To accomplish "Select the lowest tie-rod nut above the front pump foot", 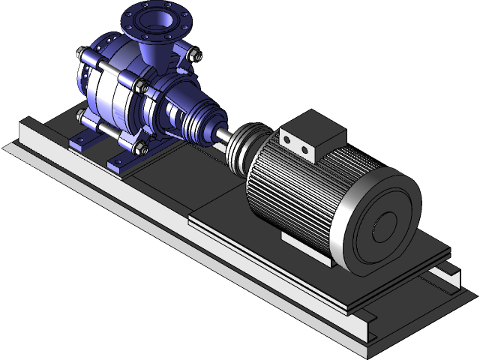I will pyautogui.click(x=139, y=145).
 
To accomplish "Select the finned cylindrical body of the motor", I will pyautogui.click(x=300, y=187).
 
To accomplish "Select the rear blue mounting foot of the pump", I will pyautogui.click(x=80, y=139).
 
